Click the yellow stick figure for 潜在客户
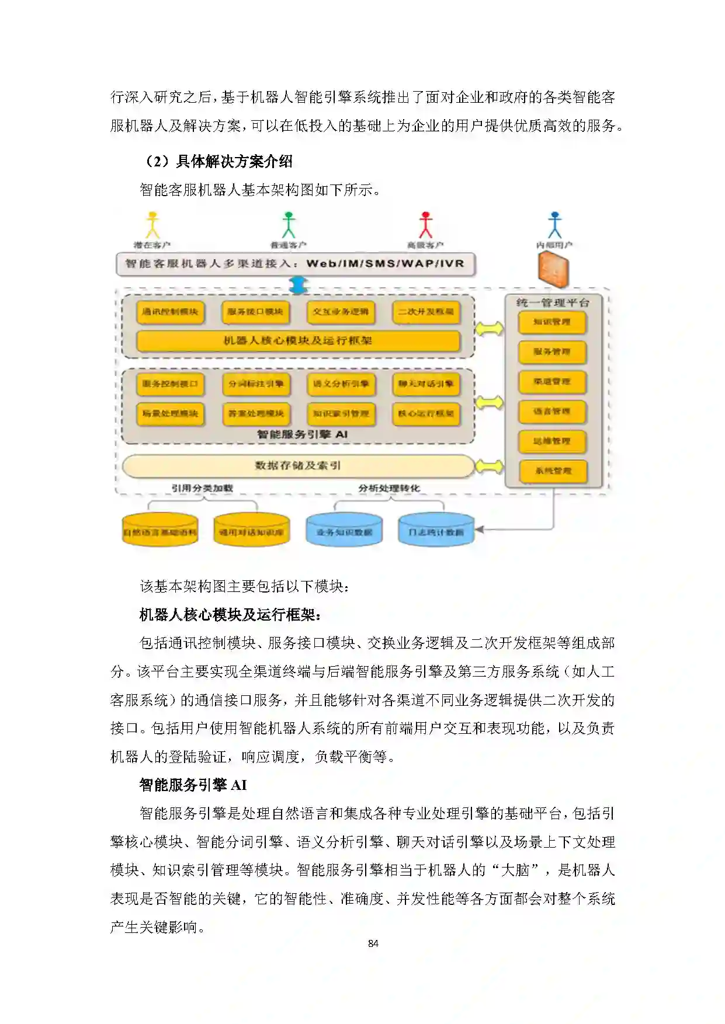pos(152,225)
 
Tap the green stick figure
pos(289,225)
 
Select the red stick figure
pos(425,225)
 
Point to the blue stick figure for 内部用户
pos(554,225)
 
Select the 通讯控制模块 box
pos(170,312)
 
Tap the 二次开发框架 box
pos(426,312)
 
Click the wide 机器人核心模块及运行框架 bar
pos(298,340)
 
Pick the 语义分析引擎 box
pos(341,384)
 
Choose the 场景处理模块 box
pos(170,413)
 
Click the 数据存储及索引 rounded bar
pos(298,465)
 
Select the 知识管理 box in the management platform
pos(552,322)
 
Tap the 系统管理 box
pos(553,471)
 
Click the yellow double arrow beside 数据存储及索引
pos(489,466)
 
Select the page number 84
pos(373,943)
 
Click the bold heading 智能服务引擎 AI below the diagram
pos(193,785)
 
